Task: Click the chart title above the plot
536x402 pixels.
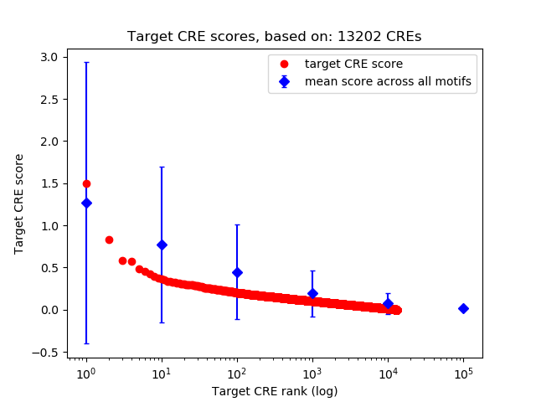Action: tap(274, 37)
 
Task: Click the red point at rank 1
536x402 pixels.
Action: tap(86, 183)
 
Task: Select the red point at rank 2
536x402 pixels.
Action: tap(109, 240)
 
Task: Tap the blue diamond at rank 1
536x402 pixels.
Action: tap(86, 203)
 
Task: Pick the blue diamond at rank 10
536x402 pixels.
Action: tap(162, 245)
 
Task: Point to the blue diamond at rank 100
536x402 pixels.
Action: tap(237, 272)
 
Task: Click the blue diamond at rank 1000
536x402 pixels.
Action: tap(312, 293)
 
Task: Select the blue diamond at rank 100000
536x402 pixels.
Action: tap(463, 308)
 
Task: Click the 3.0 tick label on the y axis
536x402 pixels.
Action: tap(49, 57)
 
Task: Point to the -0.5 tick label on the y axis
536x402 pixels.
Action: tap(45, 353)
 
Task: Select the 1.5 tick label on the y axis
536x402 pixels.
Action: tap(49, 183)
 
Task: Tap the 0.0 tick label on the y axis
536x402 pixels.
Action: tap(49, 310)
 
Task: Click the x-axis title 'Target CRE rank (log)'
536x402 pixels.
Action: tap(274, 390)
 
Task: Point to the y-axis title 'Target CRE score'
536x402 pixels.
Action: tap(19, 204)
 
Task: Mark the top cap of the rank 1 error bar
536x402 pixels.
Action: tap(86, 62)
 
